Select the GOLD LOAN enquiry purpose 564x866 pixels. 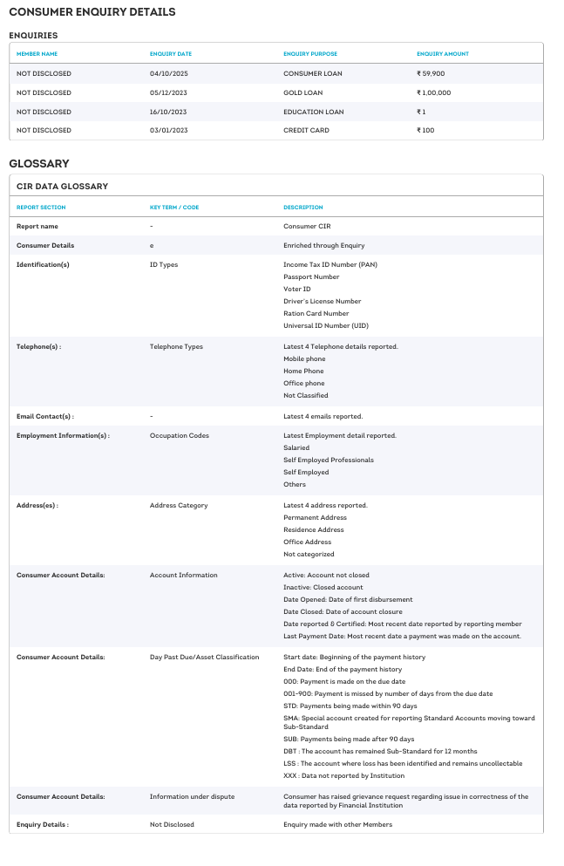302,92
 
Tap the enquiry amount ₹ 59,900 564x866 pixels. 431,73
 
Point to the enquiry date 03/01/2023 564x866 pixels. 169,130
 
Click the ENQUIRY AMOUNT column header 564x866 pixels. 443,54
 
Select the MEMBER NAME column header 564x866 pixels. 37,54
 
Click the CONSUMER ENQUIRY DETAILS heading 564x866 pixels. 92,12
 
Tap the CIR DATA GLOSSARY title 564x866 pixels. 62,186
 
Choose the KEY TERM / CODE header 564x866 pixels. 174,208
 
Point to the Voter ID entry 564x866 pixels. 297,289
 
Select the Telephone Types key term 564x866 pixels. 176,346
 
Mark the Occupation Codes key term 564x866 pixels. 180,435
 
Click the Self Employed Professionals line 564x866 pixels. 329,460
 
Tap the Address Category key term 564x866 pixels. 179,505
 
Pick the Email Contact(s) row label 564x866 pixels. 45,416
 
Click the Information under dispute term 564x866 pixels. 192,796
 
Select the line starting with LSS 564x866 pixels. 403,763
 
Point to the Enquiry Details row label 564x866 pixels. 43,824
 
